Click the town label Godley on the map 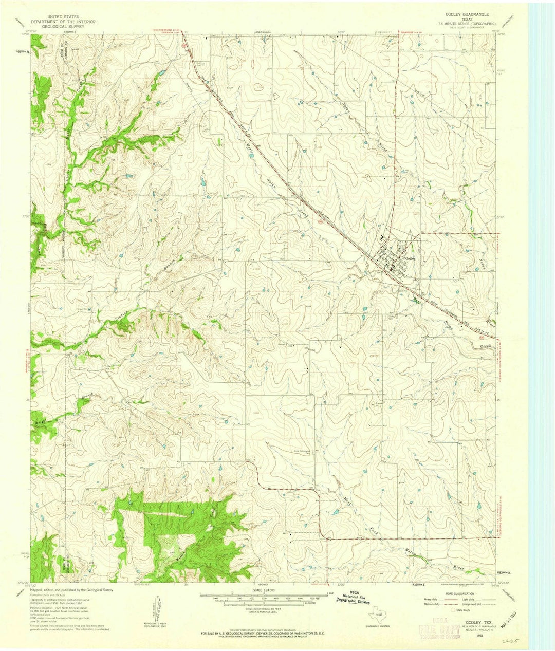click(410, 258)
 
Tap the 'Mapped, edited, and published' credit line click(72, 590)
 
